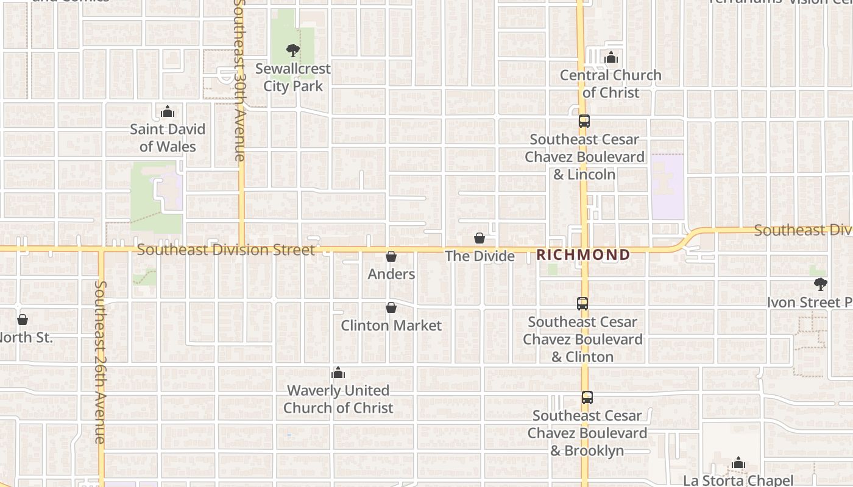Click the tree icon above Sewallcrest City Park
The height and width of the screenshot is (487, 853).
[x=293, y=51]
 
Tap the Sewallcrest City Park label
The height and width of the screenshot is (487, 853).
[x=293, y=77]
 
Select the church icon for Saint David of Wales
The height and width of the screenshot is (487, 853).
[x=168, y=111]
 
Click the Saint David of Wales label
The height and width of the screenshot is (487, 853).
[x=168, y=138]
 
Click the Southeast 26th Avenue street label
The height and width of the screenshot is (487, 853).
[x=101, y=362]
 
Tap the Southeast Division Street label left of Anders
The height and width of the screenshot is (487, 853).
[x=226, y=250]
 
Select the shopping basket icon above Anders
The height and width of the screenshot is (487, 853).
[x=391, y=256]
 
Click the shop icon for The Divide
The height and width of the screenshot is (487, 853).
[x=480, y=238]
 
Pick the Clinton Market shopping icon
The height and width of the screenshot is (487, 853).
[x=391, y=308]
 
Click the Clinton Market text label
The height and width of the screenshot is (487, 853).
[x=391, y=326]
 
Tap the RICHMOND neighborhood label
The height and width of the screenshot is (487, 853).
[x=583, y=255]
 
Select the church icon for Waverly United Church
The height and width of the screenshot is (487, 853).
[x=338, y=373]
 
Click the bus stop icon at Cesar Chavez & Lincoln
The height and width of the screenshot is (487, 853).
[x=584, y=121]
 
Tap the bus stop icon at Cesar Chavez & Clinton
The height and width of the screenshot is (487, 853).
[x=582, y=304]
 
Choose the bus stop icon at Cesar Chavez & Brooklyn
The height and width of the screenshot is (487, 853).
[x=587, y=398]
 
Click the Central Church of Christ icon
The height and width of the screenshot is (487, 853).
[x=611, y=58]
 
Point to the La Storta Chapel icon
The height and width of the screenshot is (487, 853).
[x=738, y=463]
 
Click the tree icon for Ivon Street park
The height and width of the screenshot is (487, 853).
[x=821, y=284]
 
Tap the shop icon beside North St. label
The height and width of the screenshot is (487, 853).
[x=23, y=320]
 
